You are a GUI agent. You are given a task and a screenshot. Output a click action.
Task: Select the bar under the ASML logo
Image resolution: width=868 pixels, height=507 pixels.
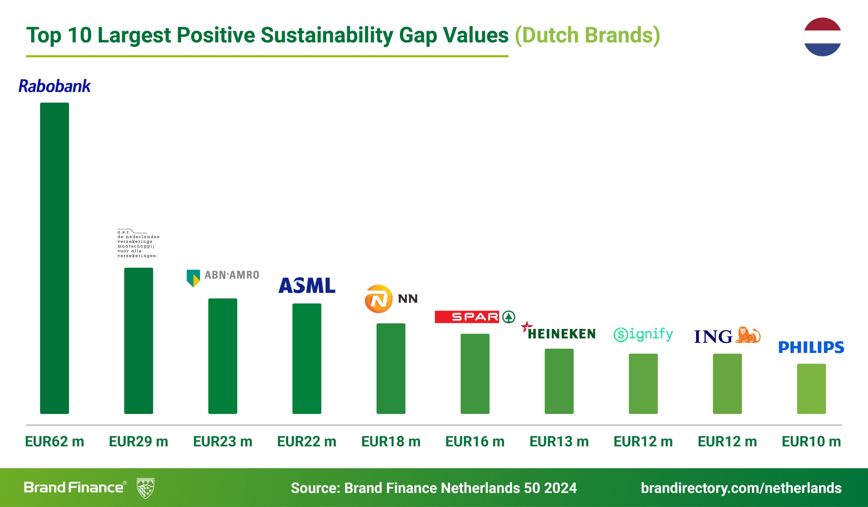(x=307, y=358)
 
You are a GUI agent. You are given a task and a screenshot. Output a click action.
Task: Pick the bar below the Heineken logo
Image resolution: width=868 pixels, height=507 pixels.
(x=559, y=381)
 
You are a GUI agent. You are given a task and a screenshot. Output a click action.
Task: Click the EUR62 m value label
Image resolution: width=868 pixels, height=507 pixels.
(x=55, y=442)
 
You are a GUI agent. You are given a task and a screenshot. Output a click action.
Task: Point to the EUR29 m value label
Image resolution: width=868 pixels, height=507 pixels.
(x=138, y=442)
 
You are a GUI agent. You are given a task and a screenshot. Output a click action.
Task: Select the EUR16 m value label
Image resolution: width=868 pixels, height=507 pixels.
(x=475, y=442)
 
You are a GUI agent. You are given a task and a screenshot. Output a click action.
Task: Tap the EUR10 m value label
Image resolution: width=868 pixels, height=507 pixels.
(x=811, y=442)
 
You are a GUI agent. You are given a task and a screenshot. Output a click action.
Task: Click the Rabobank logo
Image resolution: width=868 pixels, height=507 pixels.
(x=55, y=86)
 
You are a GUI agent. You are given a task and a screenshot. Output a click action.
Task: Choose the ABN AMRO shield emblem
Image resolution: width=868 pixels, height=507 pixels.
(x=193, y=278)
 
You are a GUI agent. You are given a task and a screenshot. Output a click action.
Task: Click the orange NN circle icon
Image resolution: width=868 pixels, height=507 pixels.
(x=378, y=299)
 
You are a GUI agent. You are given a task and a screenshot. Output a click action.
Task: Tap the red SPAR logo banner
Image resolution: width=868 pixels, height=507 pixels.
(x=467, y=317)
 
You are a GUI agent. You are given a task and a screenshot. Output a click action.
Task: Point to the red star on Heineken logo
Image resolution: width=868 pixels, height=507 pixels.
(x=526, y=326)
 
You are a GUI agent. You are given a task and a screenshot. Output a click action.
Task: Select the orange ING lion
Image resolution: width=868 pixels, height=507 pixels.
(x=747, y=335)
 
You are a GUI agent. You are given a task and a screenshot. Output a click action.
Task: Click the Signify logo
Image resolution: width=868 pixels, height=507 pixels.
(x=643, y=334)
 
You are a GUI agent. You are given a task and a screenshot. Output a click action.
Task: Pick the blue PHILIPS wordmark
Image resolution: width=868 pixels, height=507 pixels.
(x=811, y=347)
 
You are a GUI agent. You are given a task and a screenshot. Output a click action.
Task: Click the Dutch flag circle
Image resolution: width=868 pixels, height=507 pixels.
(x=822, y=37)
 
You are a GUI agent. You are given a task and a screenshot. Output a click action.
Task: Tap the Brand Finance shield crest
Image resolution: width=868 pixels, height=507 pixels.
(x=145, y=488)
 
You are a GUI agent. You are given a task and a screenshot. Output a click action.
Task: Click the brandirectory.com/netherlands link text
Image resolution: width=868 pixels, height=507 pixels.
(x=741, y=488)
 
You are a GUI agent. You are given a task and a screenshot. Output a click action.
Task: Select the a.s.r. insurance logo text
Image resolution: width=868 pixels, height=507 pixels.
(x=138, y=244)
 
